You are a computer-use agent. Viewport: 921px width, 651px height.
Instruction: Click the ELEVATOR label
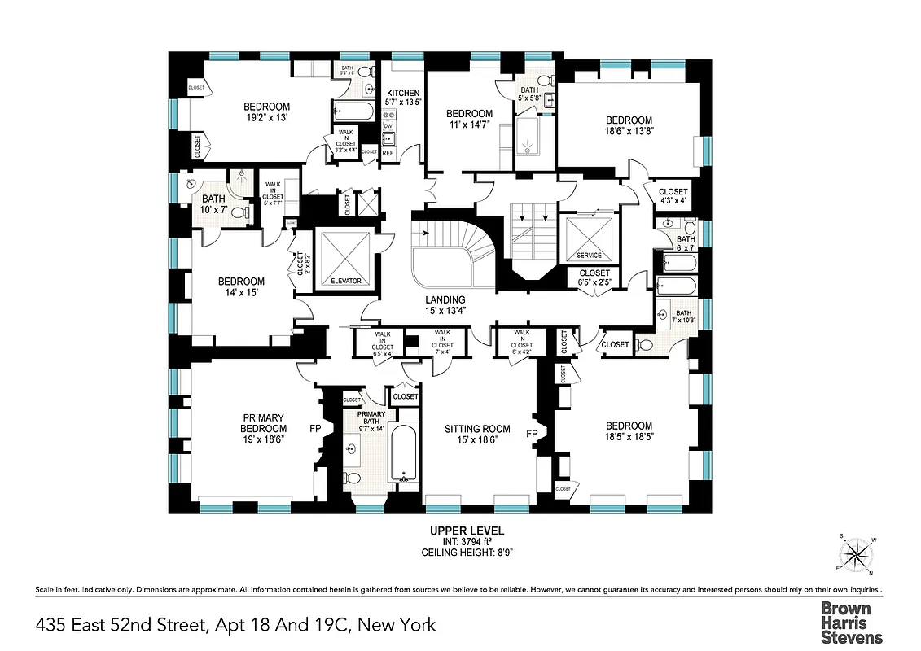(x=346, y=282)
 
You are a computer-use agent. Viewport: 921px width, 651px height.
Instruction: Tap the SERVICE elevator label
(x=588, y=256)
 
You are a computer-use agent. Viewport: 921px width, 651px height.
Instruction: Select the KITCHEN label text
(x=403, y=93)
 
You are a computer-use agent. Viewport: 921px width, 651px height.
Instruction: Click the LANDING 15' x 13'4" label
(x=445, y=304)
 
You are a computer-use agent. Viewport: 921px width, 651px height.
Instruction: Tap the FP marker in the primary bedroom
(x=315, y=427)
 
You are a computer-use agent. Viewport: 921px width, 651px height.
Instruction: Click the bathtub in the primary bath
(x=403, y=454)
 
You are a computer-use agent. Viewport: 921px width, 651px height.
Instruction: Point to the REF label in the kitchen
(x=388, y=153)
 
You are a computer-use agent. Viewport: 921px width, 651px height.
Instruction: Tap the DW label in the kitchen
(x=388, y=126)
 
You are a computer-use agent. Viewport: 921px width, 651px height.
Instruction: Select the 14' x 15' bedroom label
(x=241, y=286)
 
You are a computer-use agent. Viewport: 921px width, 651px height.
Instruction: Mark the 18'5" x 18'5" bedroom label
(x=629, y=431)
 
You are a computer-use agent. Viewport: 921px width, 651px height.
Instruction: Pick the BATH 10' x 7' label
(x=213, y=203)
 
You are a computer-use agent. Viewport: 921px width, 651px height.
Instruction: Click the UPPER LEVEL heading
(x=467, y=531)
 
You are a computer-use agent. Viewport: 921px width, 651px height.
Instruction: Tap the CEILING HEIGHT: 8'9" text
(x=467, y=553)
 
